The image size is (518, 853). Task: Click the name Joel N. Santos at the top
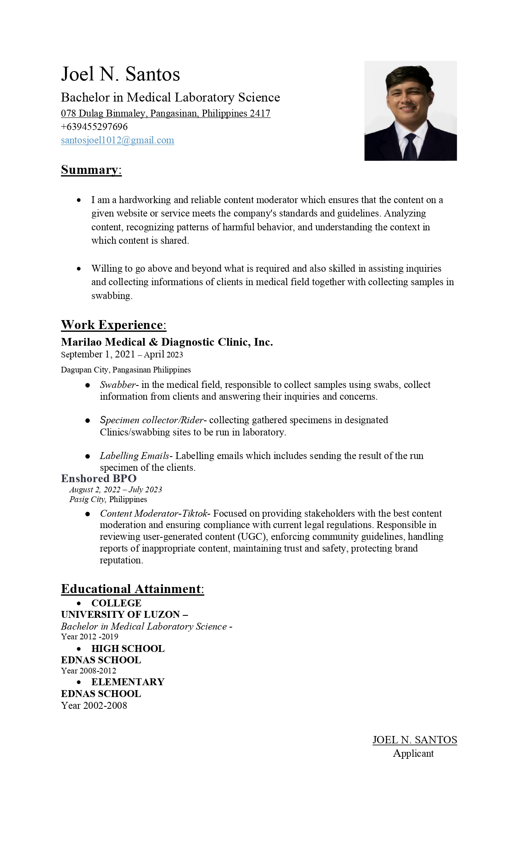pyautogui.click(x=120, y=74)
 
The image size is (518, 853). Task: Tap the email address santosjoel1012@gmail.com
pyautogui.click(x=117, y=140)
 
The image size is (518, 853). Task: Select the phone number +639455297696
pyautogui.click(x=94, y=127)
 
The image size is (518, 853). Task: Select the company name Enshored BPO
pyautogui.click(x=99, y=478)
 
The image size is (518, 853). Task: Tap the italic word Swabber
pyautogui.click(x=117, y=385)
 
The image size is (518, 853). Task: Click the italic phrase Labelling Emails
pyautogui.click(x=134, y=456)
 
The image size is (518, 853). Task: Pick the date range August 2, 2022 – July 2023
pyautogui.click(x=116, y=489)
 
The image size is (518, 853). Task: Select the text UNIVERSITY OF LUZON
pyautogui.click(x=120, y=615)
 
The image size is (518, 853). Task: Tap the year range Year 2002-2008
pyautogui.click(x=94, y=706)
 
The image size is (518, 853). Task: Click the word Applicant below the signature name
pyautogui.click(x=413, y=753)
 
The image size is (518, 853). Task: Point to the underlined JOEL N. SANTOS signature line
pyautogui.click(x=414, y=740)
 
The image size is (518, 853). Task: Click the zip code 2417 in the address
pyautogui.click(x=260, y=113)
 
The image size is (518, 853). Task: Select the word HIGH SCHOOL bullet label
pyautogui.click(x=128, y=649)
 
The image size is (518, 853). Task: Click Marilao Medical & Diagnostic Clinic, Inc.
pyautogui.click(x=167, y=342)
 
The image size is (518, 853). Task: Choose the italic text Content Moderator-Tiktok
pyautogui.click(x=154, y=513)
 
